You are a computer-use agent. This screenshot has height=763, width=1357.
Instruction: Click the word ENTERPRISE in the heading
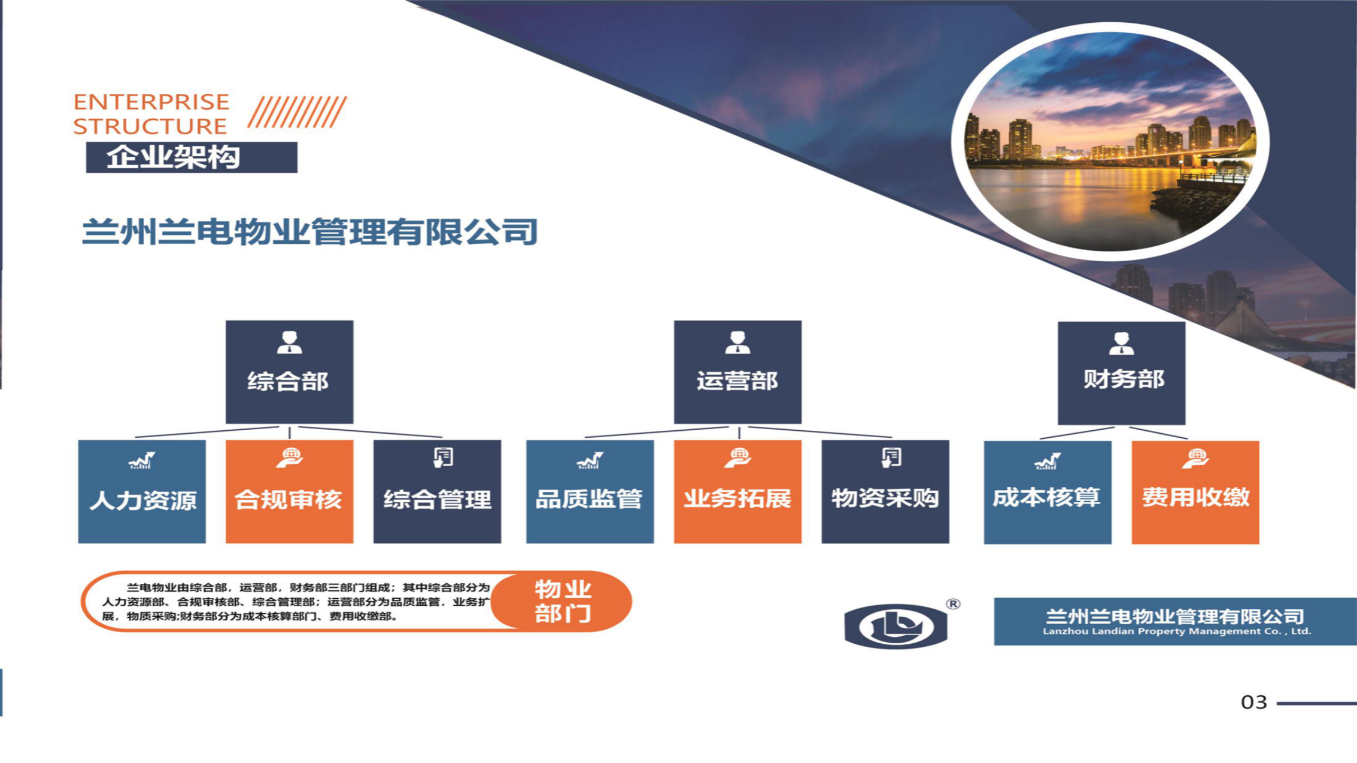click(x=151, y=102)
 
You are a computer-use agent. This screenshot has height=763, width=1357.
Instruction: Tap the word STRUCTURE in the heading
click(x=150, y=127)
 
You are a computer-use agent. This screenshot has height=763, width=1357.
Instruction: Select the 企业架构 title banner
click(x=191, y=157)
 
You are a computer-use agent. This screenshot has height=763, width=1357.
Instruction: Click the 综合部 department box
click(x=289, y=371)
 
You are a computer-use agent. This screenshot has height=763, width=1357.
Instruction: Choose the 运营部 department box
click(x=737, y=371)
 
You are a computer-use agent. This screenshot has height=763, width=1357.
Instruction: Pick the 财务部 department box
click(x=1122, y=373)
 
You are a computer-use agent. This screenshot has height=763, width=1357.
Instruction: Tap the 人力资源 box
click(x=142, y=491)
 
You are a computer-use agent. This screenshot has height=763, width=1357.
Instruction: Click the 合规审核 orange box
click(x=289, y=491)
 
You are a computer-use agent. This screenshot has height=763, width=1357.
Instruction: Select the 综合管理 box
click(x=437, y=491)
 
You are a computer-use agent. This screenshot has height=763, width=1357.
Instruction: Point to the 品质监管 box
click(x=590, y=491)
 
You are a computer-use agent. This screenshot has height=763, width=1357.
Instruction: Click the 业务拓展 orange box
click(x=737, y=491)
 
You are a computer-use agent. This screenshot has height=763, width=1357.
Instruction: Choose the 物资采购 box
click(x=885, y=491)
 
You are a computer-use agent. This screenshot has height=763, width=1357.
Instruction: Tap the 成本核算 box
click(x=1047, y=492)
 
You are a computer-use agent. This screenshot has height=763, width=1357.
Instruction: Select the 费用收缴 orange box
click(x=1195, y=492)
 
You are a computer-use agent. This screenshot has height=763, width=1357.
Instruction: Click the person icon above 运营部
click(x=737, y=342)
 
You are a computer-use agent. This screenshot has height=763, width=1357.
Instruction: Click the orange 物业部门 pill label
click(x=562, y=601)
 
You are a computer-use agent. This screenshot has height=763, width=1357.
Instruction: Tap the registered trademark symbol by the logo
click(x=953, y=604)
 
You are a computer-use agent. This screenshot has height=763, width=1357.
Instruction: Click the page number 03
click(x=1254, y=702)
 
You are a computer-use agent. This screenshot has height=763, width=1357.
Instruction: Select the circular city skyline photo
click(x=1111, y=141)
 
